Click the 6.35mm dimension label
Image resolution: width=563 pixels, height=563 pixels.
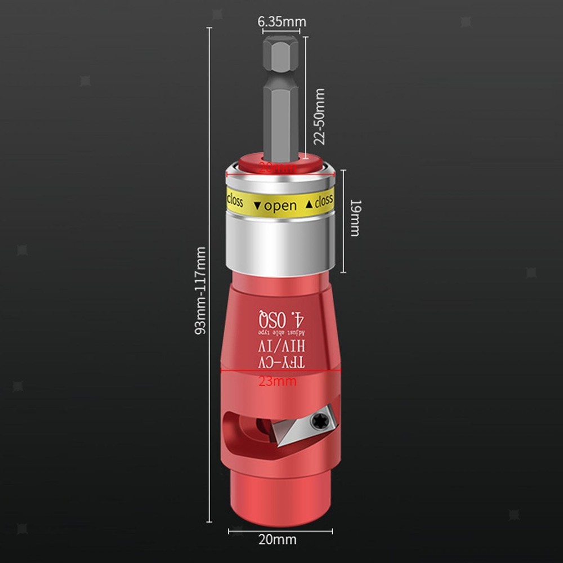pos(281,21)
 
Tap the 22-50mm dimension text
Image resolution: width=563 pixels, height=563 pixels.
pos(320,117)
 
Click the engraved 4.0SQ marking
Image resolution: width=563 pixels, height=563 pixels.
pos(280,319)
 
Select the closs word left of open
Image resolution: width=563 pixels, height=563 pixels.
pos(234,200)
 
